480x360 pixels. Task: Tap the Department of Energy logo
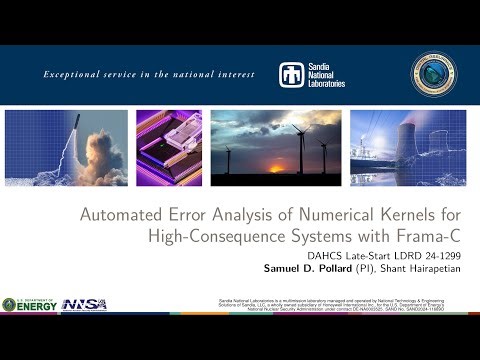coord(30,304)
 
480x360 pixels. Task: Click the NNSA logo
coord(84,304)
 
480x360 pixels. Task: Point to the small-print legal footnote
coord(344,305)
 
